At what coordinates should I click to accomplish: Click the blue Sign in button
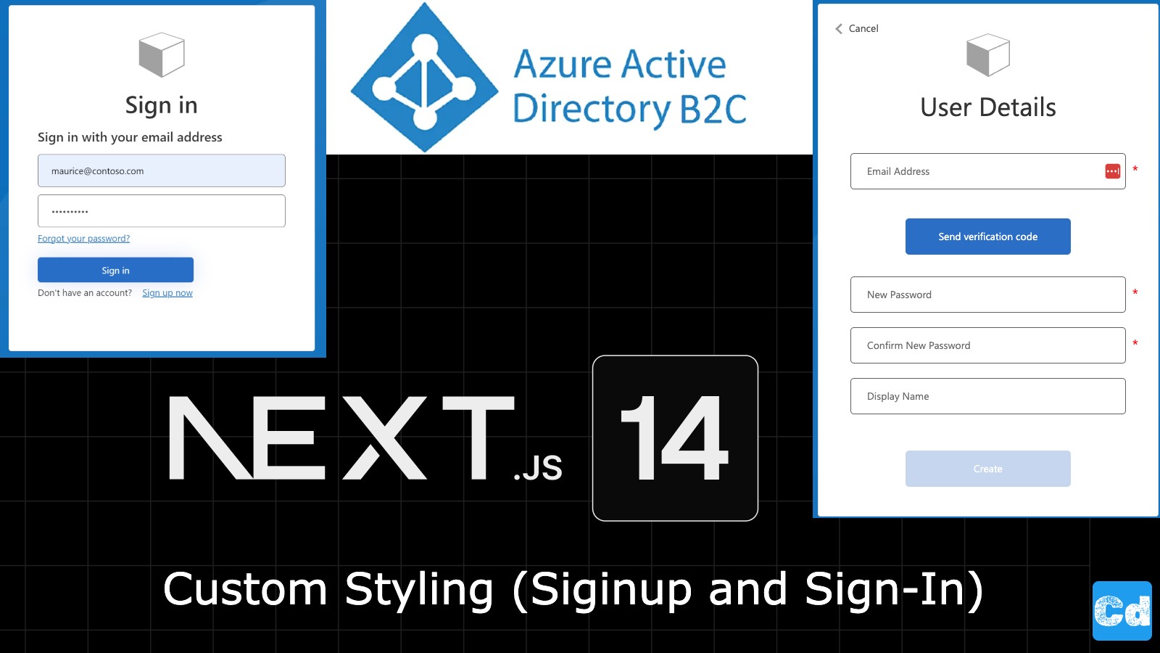115,270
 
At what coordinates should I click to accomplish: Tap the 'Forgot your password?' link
83,239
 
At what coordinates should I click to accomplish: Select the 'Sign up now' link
167,293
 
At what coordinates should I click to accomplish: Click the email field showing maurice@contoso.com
161,171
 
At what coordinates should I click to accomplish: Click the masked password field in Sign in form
161,211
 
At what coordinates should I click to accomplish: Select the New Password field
987,295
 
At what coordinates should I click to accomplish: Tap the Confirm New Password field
987,345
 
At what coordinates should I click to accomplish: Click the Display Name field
987,396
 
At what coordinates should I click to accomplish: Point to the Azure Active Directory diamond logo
424,78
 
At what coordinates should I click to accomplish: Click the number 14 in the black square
675,438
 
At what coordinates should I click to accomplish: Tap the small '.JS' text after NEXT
538,469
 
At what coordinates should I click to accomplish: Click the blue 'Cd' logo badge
1122,611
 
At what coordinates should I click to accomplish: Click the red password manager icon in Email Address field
1112,171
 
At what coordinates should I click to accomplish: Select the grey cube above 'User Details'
987,54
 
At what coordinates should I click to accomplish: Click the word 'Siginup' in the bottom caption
611,589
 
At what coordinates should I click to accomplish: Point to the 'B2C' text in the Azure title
713,110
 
